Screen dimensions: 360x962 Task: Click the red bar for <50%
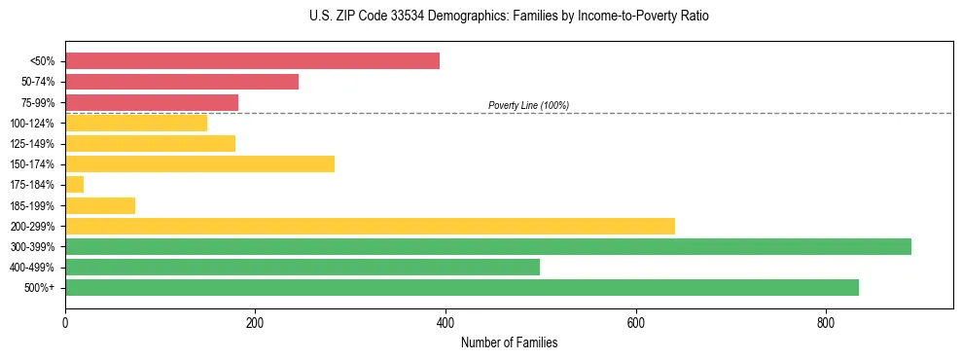(x=252, y=61)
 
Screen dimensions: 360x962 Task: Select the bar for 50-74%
(x=182, y=82)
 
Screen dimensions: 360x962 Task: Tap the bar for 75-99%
(x=152, y=102)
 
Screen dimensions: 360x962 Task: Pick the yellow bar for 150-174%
(x=199, y=163)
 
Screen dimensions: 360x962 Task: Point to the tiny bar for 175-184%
(x=75, y=184)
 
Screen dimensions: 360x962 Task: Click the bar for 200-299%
(x=370, y=226)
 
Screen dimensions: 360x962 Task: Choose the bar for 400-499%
(x=303, y=267)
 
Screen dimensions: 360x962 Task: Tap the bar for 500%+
(x=462, y=287)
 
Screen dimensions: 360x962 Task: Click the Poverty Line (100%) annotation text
(x=528, y=105)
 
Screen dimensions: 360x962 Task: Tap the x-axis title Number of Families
(x=509, y=342)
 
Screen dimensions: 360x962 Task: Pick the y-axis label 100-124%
(x=32, y=124)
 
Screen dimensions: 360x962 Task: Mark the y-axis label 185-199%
(x=32, y=205)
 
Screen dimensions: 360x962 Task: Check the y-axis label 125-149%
(x=32, y=144)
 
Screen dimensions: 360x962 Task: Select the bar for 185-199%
(x=100, y=205)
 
